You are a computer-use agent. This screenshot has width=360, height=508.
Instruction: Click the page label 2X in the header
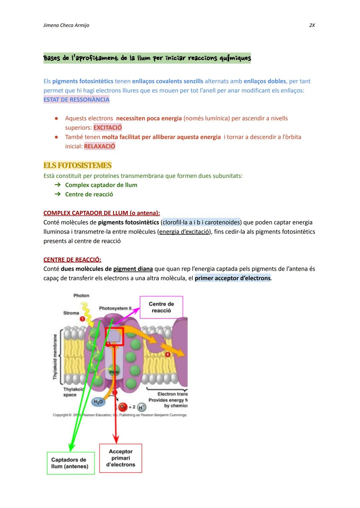[312, 25]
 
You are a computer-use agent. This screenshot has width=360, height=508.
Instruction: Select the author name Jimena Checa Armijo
[66, 25]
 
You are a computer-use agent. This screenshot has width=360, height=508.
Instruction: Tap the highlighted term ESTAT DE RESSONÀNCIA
[76, 100]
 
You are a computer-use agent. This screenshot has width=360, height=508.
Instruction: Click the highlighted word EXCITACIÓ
[108, 128]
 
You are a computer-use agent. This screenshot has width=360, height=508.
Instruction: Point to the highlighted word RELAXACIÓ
[100, 146]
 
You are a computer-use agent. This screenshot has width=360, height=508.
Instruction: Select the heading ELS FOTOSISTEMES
[77, 166]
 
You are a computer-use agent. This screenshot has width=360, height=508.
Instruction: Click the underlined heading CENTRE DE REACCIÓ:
[72, 259]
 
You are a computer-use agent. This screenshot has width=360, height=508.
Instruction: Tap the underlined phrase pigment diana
[133, 269]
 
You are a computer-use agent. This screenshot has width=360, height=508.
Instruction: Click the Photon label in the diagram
[81, 295]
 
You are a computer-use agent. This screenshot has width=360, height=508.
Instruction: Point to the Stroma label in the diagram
[71, 313]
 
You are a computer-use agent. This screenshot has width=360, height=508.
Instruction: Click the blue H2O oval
[98, 402]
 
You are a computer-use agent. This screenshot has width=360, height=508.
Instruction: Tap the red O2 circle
[123, 407]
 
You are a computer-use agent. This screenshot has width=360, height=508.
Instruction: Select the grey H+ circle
[141, 407]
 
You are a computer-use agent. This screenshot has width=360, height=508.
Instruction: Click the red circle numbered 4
[168, 354]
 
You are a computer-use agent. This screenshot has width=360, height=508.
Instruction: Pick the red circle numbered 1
[82, 319]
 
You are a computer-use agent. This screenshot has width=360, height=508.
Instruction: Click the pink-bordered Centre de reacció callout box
[161, 307]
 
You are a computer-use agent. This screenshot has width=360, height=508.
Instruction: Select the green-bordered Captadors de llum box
[70, 463]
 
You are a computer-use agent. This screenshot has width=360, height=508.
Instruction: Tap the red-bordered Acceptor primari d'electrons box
[121, 458]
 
